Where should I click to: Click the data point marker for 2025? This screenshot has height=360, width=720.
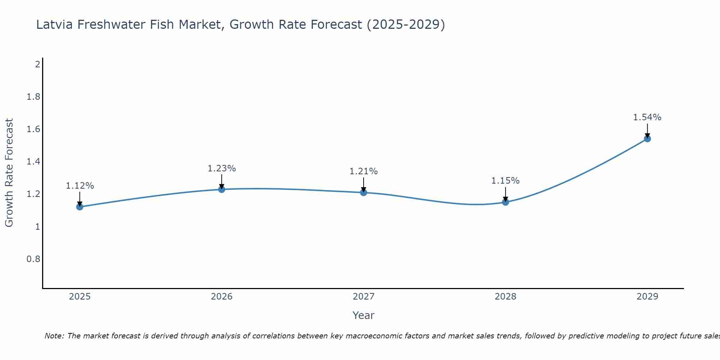click(80, 207)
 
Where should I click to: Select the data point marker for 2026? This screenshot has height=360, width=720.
click(222, 189)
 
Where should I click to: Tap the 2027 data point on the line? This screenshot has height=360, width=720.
click(364, 192)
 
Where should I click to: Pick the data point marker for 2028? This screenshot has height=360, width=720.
click(505, 202)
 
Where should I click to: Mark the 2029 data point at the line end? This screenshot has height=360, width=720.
click(647, 139)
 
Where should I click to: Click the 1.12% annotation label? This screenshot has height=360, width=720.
click(80, 186)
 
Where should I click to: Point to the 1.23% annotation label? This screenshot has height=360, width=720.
click(222, 168)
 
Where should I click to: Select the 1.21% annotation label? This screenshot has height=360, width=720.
click(364, 171)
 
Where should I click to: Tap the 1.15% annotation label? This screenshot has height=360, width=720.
click(505, 181)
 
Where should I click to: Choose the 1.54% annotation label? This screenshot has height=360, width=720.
click(647, 117)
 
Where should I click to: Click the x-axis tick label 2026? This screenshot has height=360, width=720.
click(222, 297)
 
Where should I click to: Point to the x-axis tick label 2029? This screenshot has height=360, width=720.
click(647, 297)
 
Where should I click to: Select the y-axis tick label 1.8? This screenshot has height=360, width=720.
click(33, 97)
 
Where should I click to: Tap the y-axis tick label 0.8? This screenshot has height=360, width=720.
click(33, 259)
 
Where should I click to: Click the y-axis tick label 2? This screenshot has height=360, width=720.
click(37, 64)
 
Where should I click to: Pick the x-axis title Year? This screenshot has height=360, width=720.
click(364, 315)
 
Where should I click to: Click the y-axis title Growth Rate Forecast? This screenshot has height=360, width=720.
click(9, 173)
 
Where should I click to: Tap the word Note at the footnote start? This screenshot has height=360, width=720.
click(54, 336)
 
